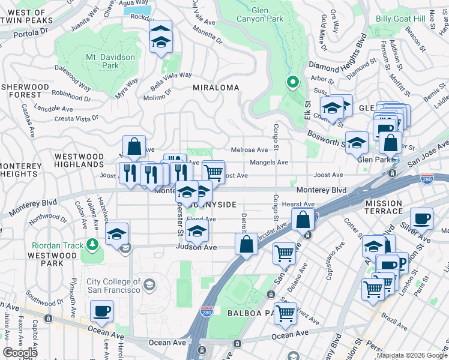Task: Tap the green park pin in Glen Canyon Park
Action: [x=292, y=82]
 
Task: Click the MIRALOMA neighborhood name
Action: [x=215, y=88]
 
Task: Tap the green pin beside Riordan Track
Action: [x=91, y=244]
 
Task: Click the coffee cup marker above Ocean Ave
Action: [x=101, y=311]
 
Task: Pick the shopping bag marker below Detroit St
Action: [x=246, y=244]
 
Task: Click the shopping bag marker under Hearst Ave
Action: [x=303, y=219]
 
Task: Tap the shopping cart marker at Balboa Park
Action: [x=286, y=313]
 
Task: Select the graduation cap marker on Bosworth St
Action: [x=357, y=143]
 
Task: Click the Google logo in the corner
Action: [x=20, y=353]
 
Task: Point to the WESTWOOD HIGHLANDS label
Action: [x=79, y=160]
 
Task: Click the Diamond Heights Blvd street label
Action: [x=337, y=54]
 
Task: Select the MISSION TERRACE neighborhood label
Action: [x=384, y=208]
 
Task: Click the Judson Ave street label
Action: [x=196, y=247]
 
